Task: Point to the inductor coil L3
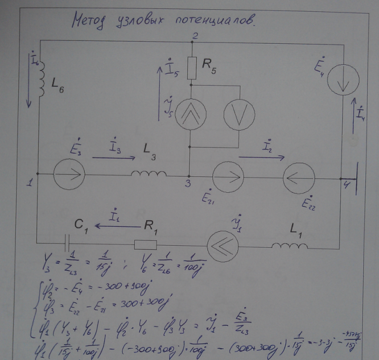click(x=150, y=173)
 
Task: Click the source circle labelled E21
click(x=226, y=174)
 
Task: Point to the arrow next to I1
click(x=113, y=226)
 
